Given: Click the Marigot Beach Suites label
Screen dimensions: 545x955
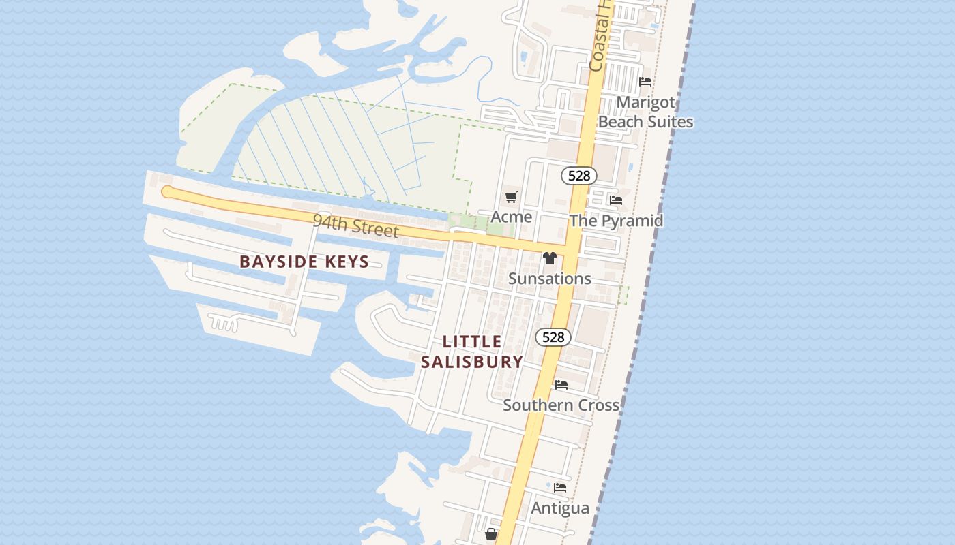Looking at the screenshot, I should pyautogui.click(x=645, y=112).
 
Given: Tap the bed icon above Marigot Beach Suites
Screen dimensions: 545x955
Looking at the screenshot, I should pyautogui.click(x=645, y=82).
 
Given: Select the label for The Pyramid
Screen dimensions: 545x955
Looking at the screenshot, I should pyautogui.click(x=616, y=221).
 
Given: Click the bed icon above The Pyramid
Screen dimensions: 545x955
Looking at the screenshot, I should pyautogui.click(x=616, y=200).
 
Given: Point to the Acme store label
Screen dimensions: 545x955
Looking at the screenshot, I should pyautogui.click(x=512, y=217).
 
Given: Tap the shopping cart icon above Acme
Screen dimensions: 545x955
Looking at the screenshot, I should pyautogui.click(x=512, y=198).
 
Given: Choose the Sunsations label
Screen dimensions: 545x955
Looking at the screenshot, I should pyautogui.click(x=550, y=279).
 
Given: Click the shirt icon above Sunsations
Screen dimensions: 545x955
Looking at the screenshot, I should pyautogui.click(x=550, y=258).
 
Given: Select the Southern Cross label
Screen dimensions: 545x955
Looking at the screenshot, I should pyautogui.click(x=561, y=405).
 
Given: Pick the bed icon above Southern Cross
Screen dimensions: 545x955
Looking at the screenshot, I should pyautogui.click(x=561, y=385).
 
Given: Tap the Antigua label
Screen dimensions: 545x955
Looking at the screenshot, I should pyautogui.click(x=560, y=508).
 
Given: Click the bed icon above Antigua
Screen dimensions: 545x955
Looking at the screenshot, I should pyautogui.click(x=560, y=488).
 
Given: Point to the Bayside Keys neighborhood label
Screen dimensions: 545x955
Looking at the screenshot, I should pyautogui.click(x=304, y=262).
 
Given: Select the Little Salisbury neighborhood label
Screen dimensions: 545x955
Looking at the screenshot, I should pyautogui.click(x=472, y=352).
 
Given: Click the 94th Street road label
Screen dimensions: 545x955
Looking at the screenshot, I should pyautogui.click(x=355, y=225).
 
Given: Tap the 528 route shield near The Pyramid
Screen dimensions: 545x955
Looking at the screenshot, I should pyautogui.click(x=579, y=176).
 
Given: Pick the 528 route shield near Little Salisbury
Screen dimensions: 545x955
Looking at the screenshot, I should pyautogui.click(x=553, y=337).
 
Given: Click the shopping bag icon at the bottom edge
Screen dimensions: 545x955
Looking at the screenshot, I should pyautogui.click(x=490, y=535).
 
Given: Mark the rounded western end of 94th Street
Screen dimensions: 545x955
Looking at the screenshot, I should pyautogui.click(x=167, y=192).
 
